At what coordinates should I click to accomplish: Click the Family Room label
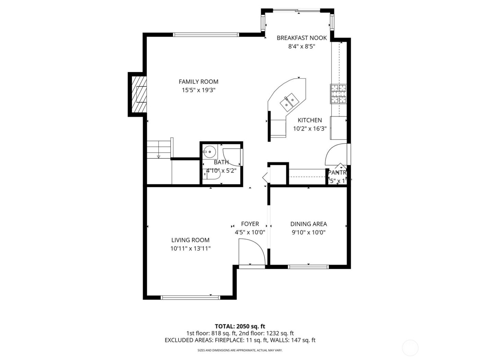click(198, 82)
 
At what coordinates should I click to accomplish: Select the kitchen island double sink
click(288, 102)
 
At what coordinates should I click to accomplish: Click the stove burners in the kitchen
click(338, 94)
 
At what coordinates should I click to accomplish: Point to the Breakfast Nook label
click(302, 38)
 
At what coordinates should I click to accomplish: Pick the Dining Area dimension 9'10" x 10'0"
click(308, 232)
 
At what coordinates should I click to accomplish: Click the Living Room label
click(190, 240)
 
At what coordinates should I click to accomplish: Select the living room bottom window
click(190, 297)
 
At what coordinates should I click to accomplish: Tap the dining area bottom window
click(308, 266)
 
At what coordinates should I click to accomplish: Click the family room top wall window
click(206, 34)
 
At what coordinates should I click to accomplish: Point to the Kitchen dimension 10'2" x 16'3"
click(310, 129)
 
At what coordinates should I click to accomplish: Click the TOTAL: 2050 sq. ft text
click(240, 326)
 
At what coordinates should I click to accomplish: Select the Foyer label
click(250, 224)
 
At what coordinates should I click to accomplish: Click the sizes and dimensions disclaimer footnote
click(240, 350)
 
